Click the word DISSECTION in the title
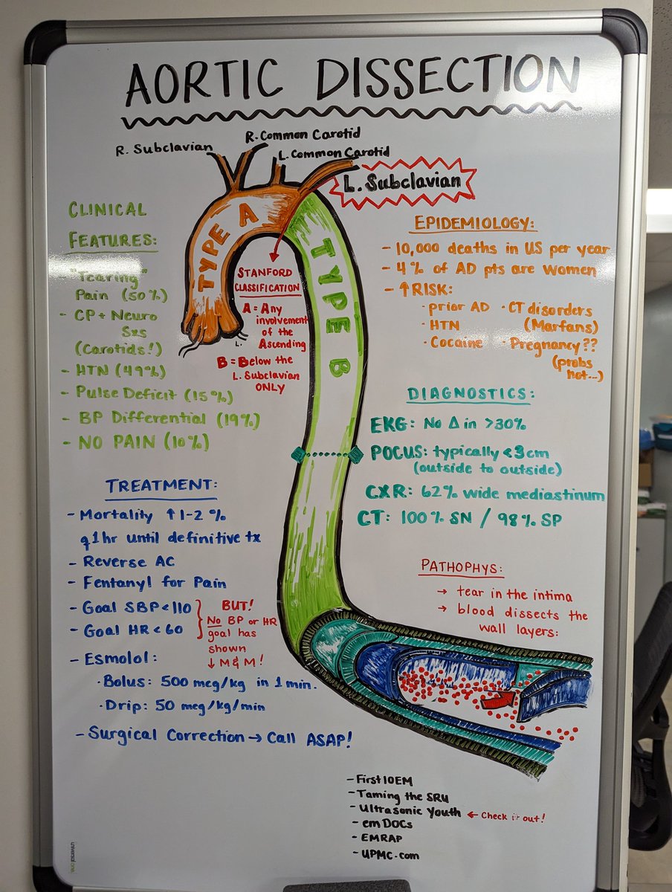(x=448, y=79)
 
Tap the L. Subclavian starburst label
(x=403, y=181)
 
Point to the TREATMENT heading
(x=159, y=485)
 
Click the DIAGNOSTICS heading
(x=470, y=394)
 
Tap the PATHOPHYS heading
(x=462, y=566)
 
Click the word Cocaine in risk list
(x=457, y=343)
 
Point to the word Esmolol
(x=121, y=658)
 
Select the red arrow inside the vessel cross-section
(x=497, y=699)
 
